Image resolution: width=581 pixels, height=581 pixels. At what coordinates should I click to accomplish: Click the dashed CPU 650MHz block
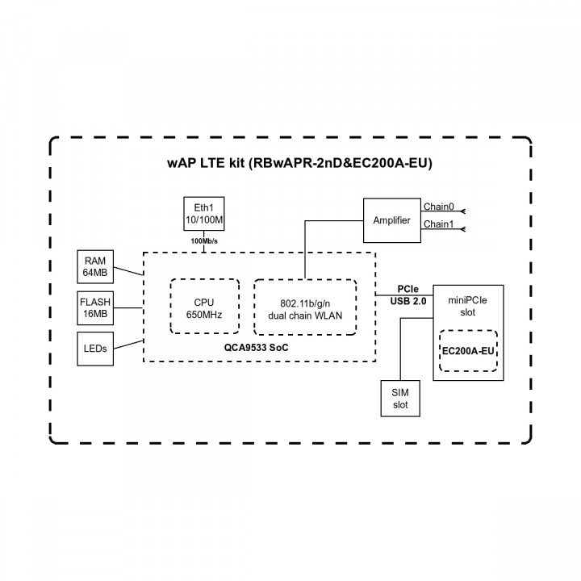coord(203,307)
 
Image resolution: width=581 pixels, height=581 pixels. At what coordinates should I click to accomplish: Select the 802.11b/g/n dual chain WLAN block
coord(304,307)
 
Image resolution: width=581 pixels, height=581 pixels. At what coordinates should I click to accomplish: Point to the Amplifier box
coord(391,220)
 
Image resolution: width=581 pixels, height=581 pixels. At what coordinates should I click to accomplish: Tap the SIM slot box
coord(401,397)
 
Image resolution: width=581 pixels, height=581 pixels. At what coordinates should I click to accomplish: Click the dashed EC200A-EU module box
coord(468,351)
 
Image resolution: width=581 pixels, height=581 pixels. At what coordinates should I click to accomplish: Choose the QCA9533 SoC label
coord(257,347)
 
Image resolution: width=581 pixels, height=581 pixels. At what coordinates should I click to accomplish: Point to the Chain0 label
coord(438,207)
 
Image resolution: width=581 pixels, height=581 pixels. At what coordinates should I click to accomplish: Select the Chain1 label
coord(438,224)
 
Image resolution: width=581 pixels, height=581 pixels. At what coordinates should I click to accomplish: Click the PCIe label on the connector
coord(407,288)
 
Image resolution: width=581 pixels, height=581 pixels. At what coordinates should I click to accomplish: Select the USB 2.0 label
coord(407,301)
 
